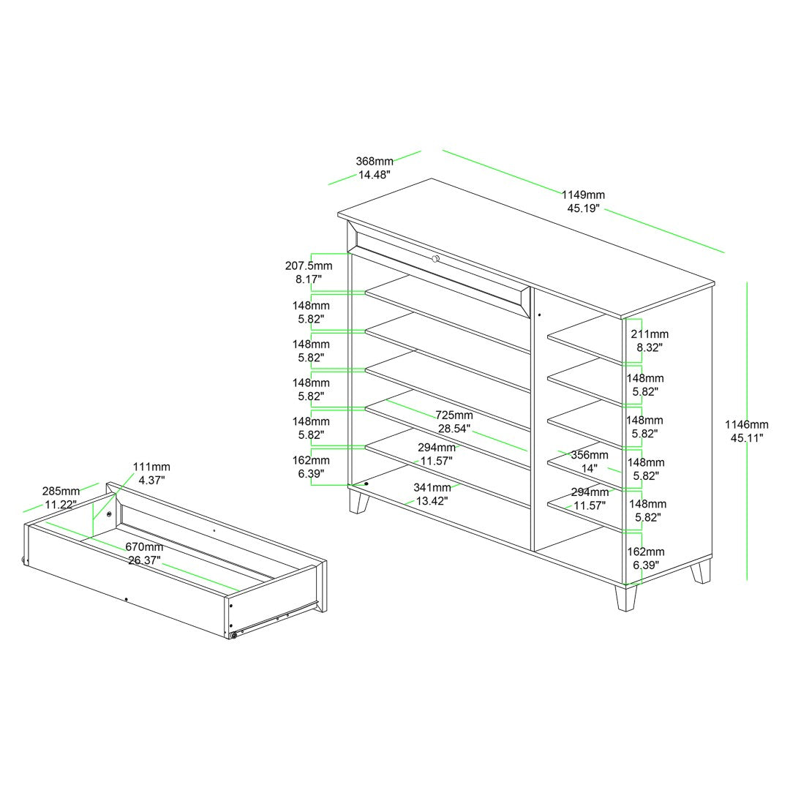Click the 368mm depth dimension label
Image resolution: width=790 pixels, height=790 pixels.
tap(375, 161)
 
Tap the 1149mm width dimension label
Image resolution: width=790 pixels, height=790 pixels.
tap(584, 195)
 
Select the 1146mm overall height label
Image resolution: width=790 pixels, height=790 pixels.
tap(747, 425)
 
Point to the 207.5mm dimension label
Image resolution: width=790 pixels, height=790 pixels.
tap(309, 266)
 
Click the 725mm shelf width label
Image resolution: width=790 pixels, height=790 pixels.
tap(454, 415)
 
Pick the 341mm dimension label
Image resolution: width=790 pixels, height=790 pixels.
tap(432, 487)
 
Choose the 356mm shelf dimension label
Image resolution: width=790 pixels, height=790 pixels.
tap(590, 455)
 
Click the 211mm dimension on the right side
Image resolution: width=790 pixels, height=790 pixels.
tap(650, 334)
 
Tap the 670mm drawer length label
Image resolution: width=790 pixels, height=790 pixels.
tap(144, 546)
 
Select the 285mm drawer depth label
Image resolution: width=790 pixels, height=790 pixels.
tap(61, 491)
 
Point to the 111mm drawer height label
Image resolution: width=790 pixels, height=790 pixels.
tap(151, 467)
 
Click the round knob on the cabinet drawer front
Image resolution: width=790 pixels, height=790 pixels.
tap(436, 259)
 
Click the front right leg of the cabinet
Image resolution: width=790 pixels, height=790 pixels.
tap(626, 598)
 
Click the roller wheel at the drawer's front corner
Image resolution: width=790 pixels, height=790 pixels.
tap(234, 636)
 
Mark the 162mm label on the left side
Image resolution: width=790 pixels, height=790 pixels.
tap(311, 460)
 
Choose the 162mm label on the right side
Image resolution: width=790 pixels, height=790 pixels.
tap(646, 552)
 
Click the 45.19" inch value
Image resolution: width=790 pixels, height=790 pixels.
tap(584, 208)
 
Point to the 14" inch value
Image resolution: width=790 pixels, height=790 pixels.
tap(590, 469)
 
